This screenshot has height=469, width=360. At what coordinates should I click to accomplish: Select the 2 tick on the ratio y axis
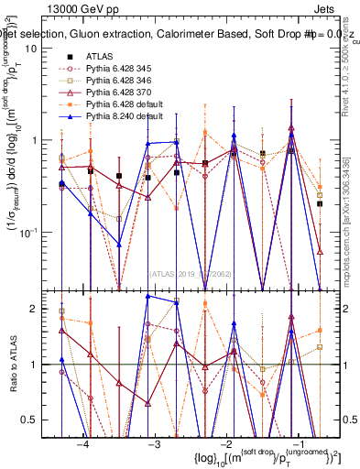[x=43, y=309]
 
